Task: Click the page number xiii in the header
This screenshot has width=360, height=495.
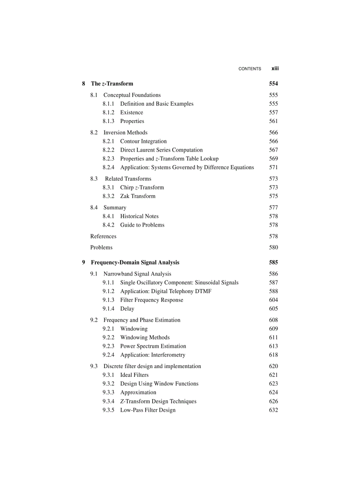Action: coord(275,69)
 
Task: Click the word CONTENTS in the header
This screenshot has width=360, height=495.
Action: coord(250,69)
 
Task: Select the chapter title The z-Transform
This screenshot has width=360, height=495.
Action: coord(112,84)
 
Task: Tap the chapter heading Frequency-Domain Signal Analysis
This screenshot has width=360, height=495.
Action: coord(135,263)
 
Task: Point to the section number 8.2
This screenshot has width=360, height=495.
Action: coord(94,133)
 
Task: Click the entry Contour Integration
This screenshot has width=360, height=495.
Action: coord(143,141)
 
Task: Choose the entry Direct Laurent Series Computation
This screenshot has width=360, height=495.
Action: coord(161,150)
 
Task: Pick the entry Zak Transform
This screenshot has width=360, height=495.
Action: coord(138,197)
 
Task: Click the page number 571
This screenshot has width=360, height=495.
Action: coord(274,167)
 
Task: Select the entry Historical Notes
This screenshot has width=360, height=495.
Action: coord(139,216)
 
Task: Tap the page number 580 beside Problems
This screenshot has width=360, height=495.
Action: coord(274,248)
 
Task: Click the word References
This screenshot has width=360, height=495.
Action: coord(103,237)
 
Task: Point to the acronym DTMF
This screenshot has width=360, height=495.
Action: coord(202,291)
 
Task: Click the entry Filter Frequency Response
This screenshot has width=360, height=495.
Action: coord(152,300)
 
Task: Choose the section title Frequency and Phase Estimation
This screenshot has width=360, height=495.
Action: coord(142,320)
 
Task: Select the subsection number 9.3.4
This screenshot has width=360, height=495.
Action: coord(109,402)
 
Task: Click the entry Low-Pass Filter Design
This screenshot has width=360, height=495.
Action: coord(148,410)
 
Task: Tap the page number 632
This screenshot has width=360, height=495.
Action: coord(274,410)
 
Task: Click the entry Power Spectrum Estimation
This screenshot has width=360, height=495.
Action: coord(153,346)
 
